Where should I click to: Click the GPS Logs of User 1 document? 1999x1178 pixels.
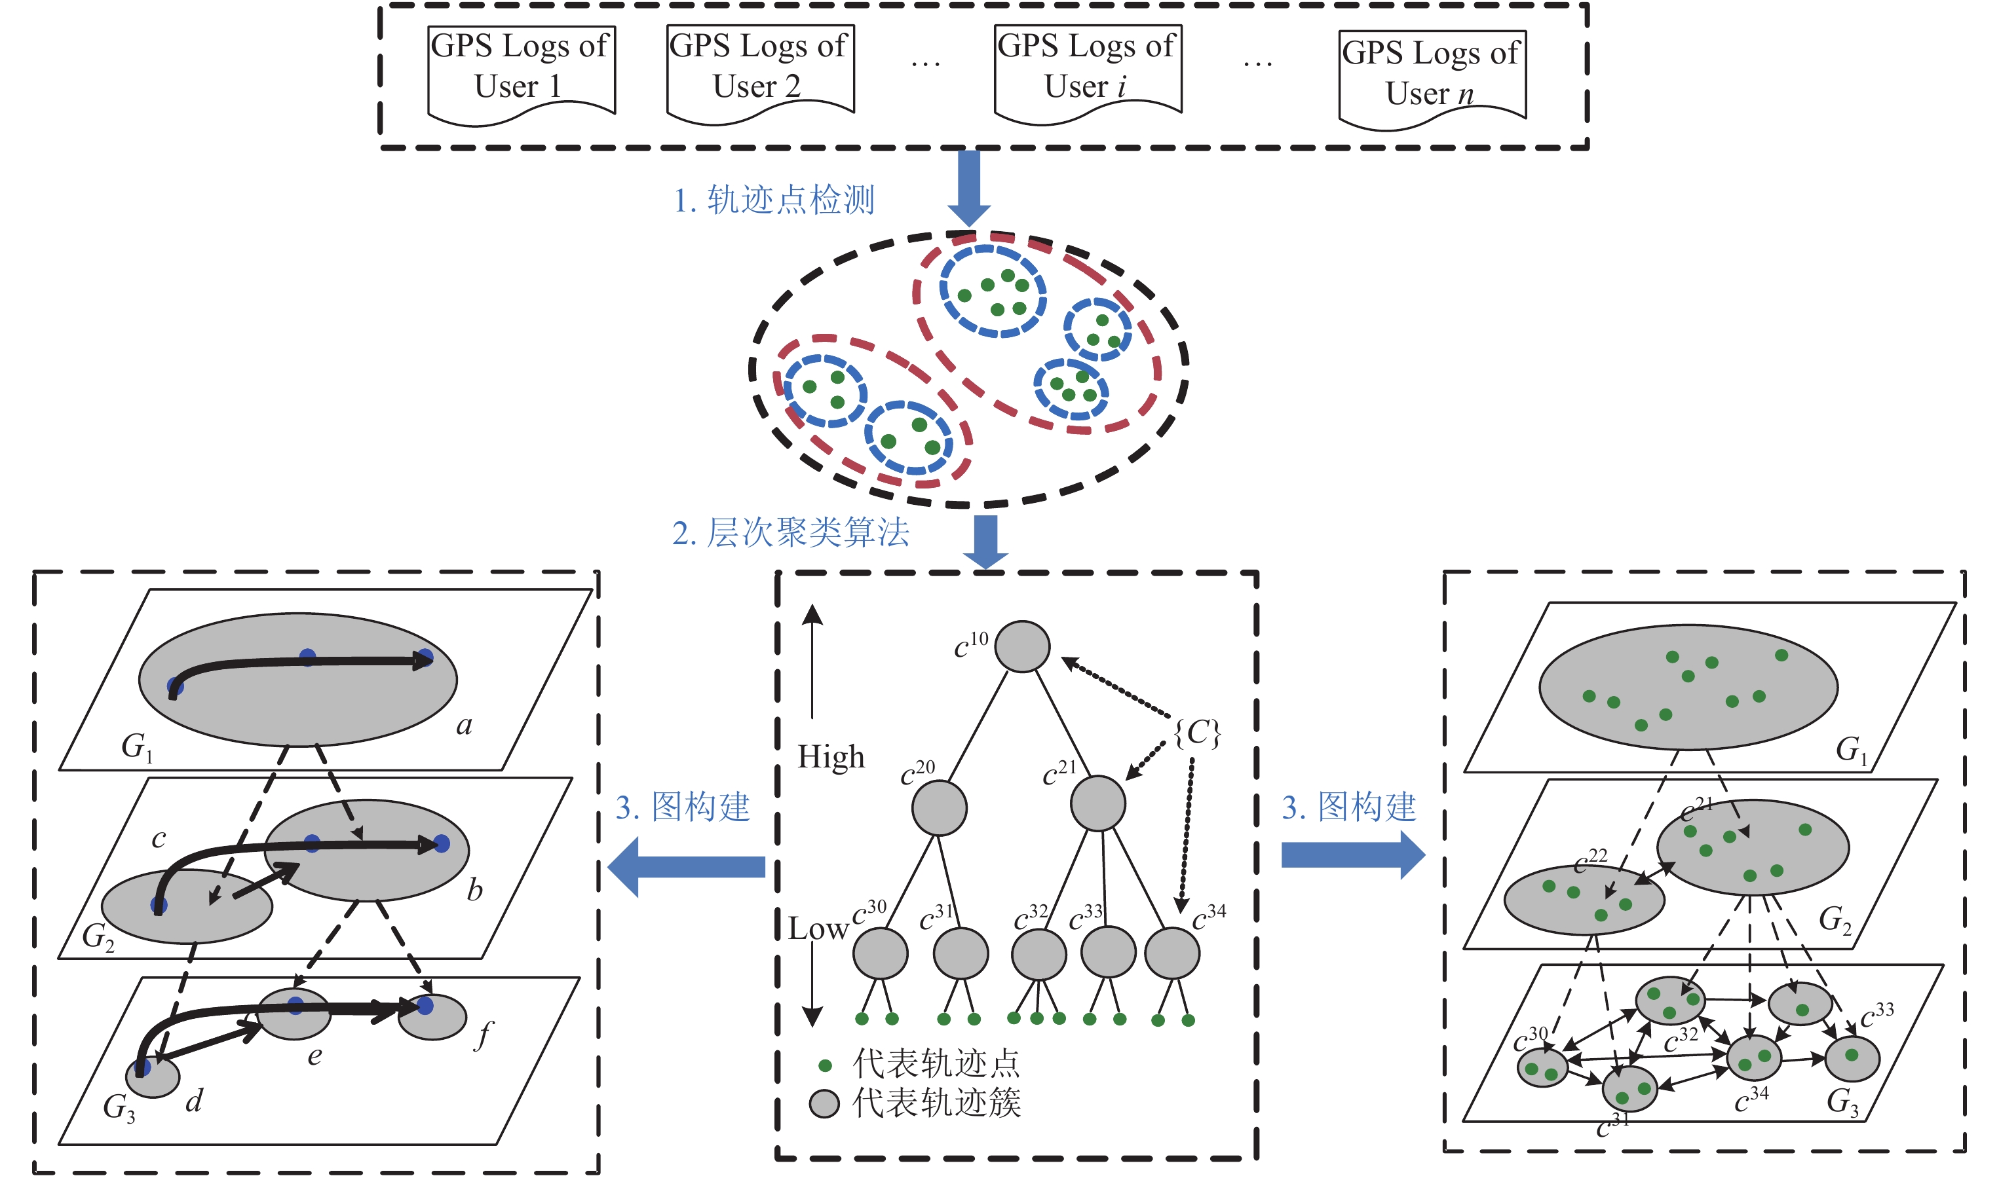521,75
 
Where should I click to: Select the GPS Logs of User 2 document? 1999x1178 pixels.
760,75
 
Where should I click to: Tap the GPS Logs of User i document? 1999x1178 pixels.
1088,75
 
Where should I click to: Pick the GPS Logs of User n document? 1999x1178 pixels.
1432,80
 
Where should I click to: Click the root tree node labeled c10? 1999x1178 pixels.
1022,646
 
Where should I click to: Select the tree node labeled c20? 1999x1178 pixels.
939,808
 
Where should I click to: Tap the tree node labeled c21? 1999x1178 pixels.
1097,803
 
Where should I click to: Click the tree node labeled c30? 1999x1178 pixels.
880,953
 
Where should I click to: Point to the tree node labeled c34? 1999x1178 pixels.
1171,953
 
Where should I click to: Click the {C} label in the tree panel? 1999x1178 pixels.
1197,733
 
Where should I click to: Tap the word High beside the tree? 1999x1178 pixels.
831,756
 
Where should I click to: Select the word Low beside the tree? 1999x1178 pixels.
818,928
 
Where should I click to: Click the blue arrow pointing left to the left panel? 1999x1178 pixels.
686,866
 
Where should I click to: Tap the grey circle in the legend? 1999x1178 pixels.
824,1103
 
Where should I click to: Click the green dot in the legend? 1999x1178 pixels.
825,1065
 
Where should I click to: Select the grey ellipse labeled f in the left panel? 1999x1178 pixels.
431,1016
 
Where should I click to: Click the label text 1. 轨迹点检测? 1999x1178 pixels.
774,199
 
